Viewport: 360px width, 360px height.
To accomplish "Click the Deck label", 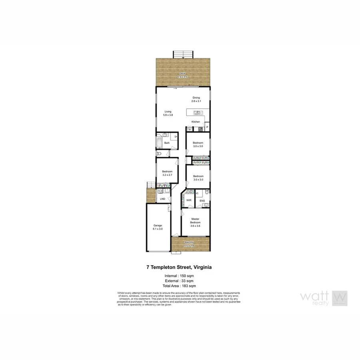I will tap(182, 73).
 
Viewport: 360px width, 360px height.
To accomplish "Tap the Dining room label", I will tap(196, 98).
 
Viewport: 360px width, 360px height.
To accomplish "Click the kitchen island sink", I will tap(197, 112).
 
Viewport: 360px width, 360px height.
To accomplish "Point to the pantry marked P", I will tap(207, 127).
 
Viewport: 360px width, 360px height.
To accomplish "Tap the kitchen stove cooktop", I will tap(201, 129).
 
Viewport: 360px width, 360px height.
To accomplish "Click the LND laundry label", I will tap(162, 199).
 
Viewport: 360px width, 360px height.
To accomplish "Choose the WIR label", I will tap(189, 200).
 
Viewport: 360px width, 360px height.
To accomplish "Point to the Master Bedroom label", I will tap(195, 221).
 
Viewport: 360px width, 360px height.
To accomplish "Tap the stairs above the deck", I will tap(183, 54).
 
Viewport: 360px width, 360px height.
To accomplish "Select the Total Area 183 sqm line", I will tap(180, 286).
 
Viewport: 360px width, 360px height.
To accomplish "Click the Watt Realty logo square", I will tap(340, 298).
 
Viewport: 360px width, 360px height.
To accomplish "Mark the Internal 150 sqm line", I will tap(180, 276).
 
